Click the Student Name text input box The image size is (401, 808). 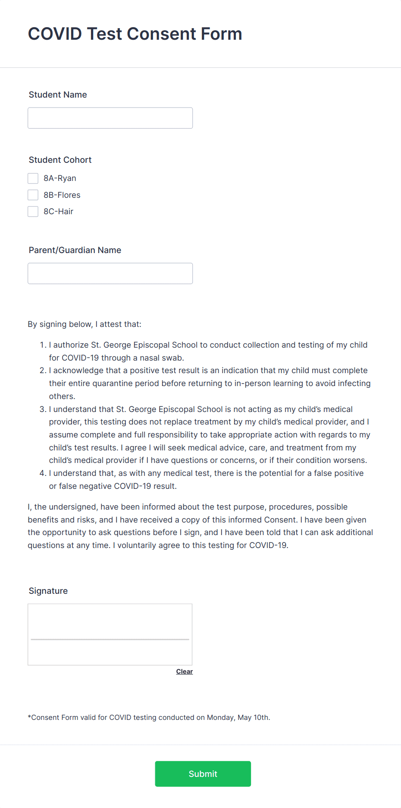click(x=110, y=118)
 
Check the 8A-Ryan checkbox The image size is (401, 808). click(x=33, y=178)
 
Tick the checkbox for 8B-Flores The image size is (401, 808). click(x=33, y=195)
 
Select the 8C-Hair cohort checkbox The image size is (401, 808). click(x=33, y=212)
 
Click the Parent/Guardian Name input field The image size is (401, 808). click(x=110, y=273)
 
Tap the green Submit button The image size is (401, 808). click(x=203, y=774)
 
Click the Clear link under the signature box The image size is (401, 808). click(x=184, y=672)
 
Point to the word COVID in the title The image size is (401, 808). click(x=55, y=34)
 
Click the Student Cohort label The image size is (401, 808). click(x=60, y=160)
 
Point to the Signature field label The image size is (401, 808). click(x=48, y=591)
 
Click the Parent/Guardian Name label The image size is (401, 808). click(x=75, y=250)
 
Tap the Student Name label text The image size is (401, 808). click(x=57, y=95)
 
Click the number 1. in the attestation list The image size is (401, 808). click(x=43, y=345)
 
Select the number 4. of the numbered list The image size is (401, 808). click(x=43, y=473)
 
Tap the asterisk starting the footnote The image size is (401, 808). click(x=29, y=717)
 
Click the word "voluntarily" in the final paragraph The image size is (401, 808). click(x=137, y=545)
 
